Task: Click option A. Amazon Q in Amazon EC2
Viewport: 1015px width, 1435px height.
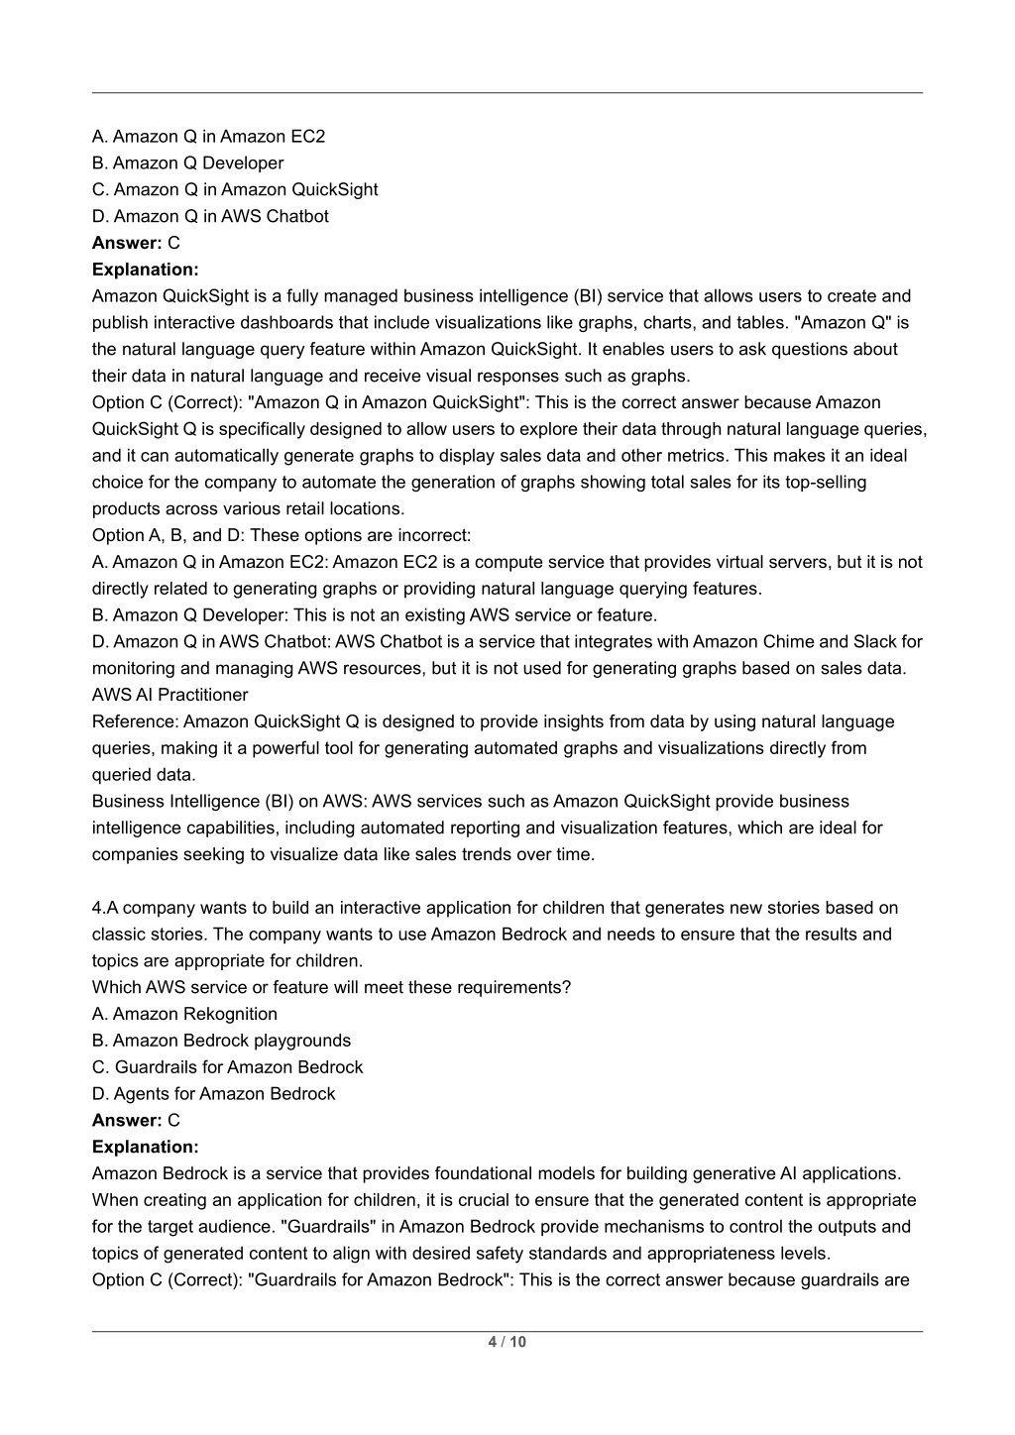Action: point(208,137)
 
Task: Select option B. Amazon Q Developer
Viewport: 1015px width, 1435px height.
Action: point(187,164)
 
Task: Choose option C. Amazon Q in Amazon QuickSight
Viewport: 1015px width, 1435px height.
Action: point(235,189)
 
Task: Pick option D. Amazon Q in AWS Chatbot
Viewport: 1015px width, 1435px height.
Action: point(210,216)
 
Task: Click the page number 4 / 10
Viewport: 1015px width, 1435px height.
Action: point(507,1342)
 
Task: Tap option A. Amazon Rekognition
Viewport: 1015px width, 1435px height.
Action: point(184,1014)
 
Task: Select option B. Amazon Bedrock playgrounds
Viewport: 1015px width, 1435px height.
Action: point(221,1041)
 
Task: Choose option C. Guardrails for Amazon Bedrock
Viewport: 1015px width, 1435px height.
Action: point(227,1067)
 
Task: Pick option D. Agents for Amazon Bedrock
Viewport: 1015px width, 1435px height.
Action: point(213,1094)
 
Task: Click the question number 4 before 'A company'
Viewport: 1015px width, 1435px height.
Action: point(97,908)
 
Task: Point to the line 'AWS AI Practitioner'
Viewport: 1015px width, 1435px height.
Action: point(169,695)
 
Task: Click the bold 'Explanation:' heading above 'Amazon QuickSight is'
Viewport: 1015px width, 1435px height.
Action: point(145,270)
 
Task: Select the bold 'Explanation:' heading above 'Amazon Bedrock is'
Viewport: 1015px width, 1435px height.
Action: point(145,1147)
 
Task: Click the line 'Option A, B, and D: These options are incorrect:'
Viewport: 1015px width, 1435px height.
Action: point(281,535)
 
